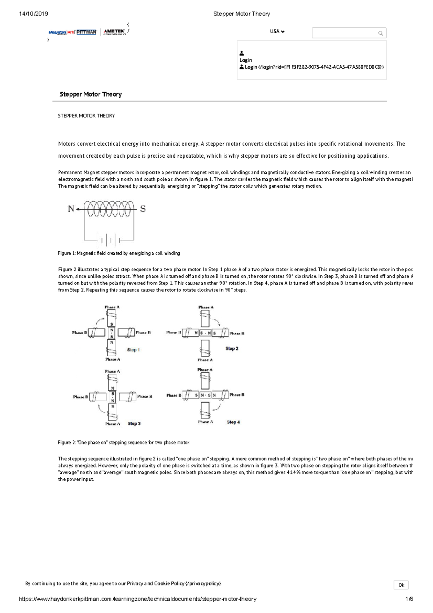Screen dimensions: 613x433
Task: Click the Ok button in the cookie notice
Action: click(x=401, y=585)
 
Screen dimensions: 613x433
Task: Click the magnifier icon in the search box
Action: click(x=380, y=33)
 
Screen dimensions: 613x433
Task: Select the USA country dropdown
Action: click(x=277, y=31)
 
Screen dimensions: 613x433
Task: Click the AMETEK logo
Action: click(x=114, y=32)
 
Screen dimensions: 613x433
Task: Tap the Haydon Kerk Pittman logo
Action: click(x=72, y=32)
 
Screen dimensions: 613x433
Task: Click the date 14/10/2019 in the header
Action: click(x=33, y=14)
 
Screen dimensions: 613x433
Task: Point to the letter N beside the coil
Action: click(x=71, y=209)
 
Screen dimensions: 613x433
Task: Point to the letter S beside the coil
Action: click(x=143, y=209)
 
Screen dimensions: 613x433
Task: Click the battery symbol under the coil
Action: click(x=109, y=240)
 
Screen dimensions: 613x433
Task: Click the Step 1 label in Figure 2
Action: click(x=133, y=350)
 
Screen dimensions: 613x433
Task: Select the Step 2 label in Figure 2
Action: click(x=232, y=348)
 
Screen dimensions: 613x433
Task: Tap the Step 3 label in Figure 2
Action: click(x=134, y=423)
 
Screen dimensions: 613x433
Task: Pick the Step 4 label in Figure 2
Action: click(x=233, y=422)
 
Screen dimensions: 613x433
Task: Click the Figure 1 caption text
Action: click(x=119, y=253)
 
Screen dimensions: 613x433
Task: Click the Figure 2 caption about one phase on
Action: click(x=123, y=442)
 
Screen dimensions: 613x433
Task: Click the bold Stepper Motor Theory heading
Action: click(x=91, y=94)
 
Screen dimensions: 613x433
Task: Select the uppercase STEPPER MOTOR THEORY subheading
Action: click(x=86, y=116)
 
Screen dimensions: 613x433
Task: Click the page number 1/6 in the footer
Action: click(x=409, y=599)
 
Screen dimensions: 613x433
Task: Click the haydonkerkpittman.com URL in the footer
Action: click(x=137, y=599)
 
